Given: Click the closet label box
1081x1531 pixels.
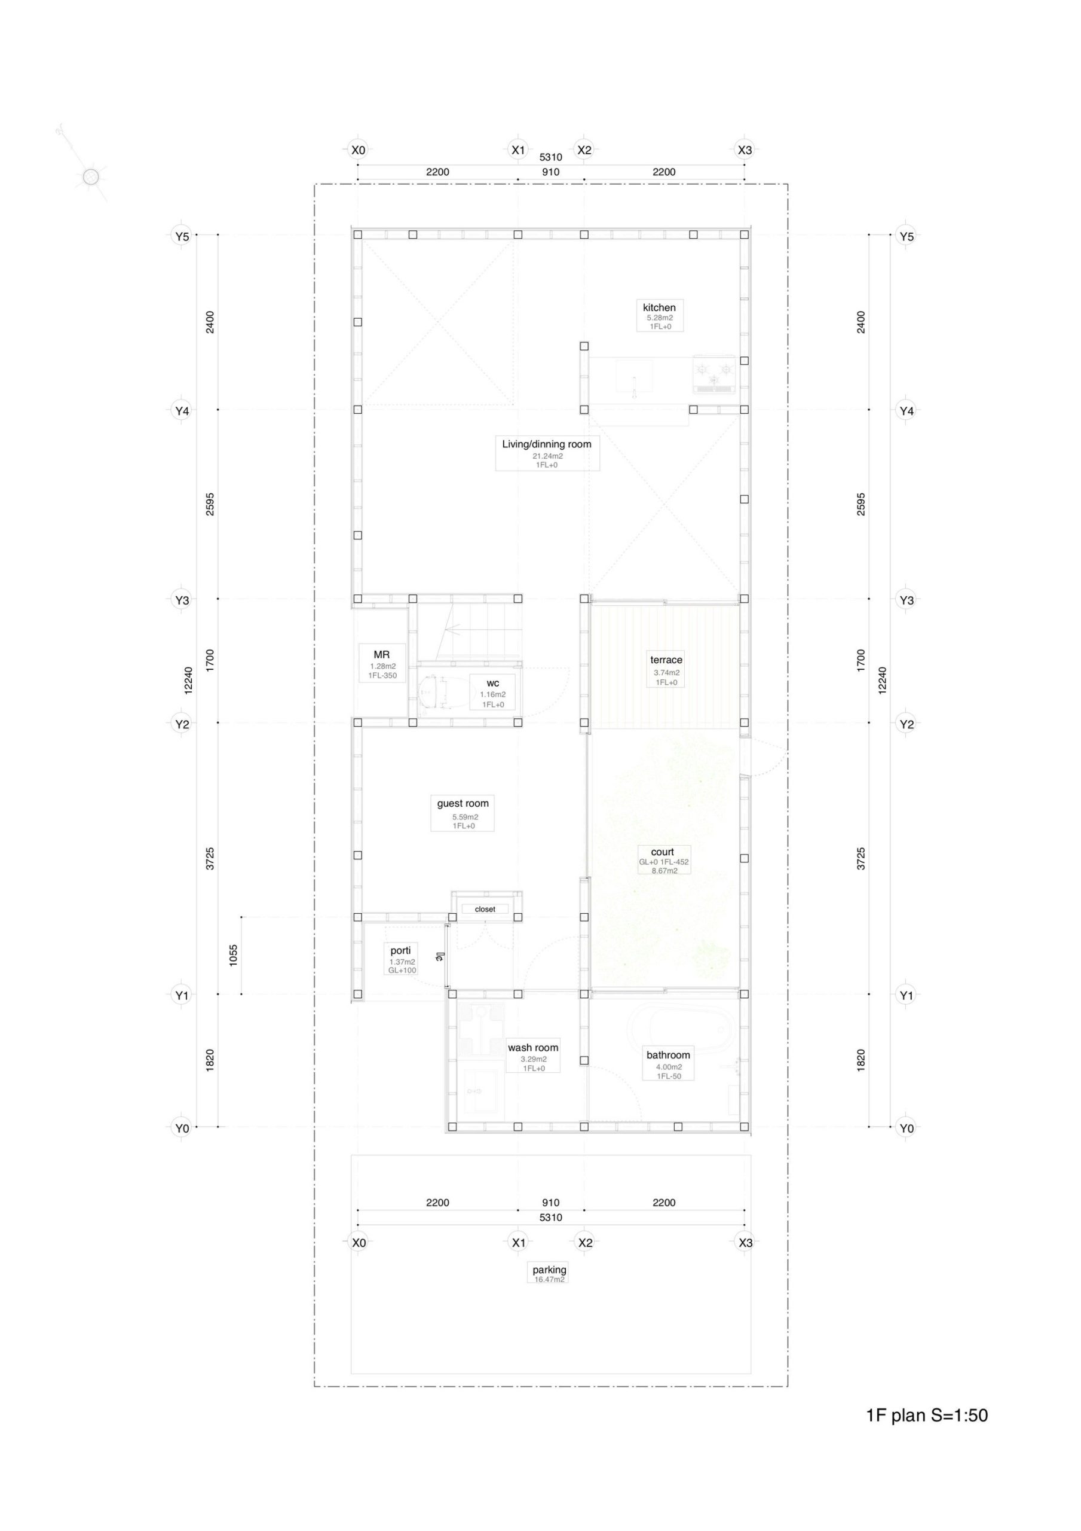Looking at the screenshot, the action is [x=485, y=909].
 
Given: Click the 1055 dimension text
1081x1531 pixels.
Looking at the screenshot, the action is [x=233, y=956].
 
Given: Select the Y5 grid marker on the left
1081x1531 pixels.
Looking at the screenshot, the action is [x=182, y=236].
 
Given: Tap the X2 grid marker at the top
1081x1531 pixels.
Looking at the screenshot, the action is [x=584, y=150].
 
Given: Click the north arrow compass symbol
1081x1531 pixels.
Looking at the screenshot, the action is [x=90, y=176].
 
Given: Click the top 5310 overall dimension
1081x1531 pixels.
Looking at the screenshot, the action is [x=550, y=157].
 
